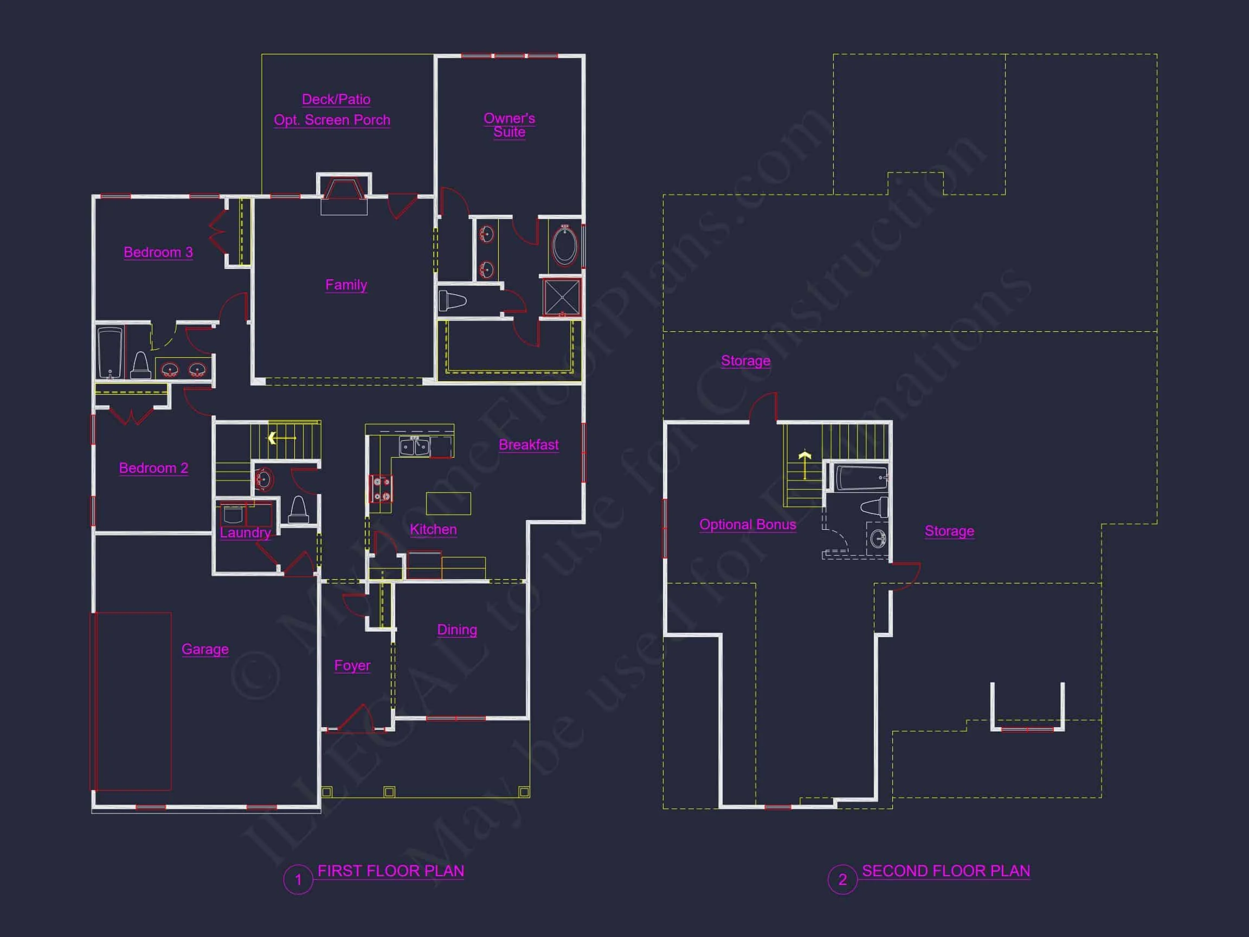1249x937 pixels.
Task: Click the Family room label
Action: click(x=346, y=285)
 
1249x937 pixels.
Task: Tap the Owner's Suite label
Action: click(x=510, y=125)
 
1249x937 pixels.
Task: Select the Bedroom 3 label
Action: click(x=158, y=252)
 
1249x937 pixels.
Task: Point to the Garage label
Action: click(x=205, y=649)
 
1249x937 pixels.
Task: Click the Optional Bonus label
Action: click(x=748, y=524)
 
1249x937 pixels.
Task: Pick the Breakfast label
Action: click(x=529, y=445)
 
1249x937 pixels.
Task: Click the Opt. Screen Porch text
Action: click(x=332, y=120)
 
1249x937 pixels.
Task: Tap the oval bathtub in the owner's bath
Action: click(x=565, y=246)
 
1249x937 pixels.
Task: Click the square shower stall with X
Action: click(x=562, y=297)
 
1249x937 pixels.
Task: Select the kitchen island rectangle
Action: click(x=448, y=503)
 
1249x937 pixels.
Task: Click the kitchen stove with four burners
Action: click(x=381, y=489)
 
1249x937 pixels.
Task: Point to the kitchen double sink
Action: click(x=415, y=446)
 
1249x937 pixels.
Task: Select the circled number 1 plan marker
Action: click(x=298, y=880)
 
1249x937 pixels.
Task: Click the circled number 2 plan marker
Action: click(x=842, y=880)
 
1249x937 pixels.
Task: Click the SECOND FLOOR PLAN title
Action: click(x=946, y=871)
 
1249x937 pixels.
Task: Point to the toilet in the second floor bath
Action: click(x=874, y=506)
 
